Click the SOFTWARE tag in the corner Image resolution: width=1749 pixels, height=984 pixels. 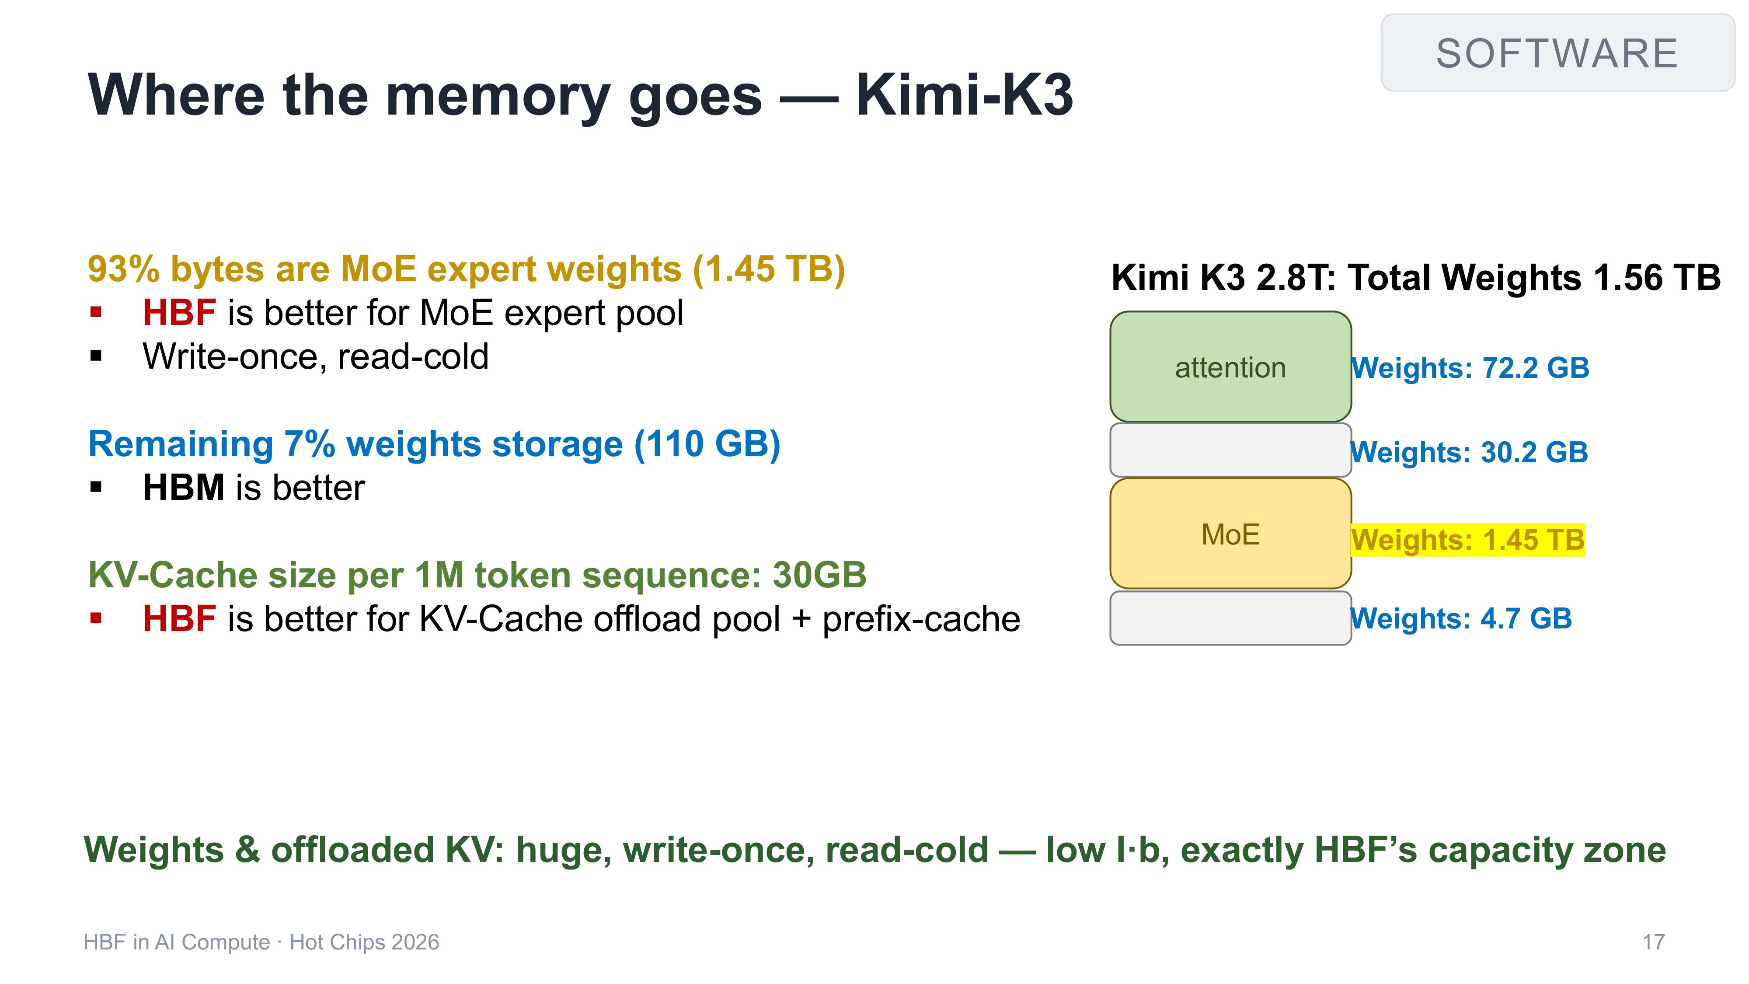pos(1557,53)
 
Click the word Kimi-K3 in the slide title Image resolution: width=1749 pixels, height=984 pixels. pos(964,95)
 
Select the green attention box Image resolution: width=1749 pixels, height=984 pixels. pos(1230,367)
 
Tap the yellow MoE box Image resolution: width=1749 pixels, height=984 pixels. pos(1230,534)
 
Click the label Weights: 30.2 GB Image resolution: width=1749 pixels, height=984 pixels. pos(1469,452)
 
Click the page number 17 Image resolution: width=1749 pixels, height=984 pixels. pos(1653,942)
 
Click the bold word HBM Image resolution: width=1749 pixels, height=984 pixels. pos(183,488)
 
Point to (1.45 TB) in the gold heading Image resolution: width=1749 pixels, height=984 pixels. pos(769,269)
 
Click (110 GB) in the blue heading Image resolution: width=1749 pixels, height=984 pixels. pos(707,444)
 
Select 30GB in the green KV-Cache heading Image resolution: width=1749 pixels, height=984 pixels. pos(819,575)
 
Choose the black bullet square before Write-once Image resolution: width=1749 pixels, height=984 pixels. pos(96,356)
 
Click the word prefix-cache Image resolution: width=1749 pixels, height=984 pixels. pos(921,619)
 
